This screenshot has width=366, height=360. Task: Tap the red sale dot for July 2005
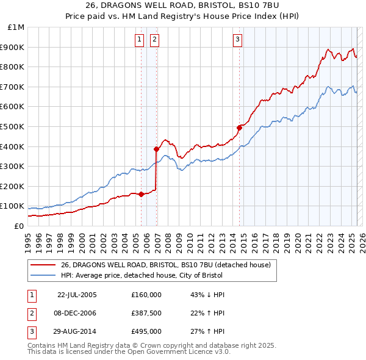tap(142, 194)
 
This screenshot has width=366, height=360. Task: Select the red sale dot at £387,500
tap(157, 148)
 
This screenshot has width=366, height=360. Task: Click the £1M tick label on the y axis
tap(16, 27)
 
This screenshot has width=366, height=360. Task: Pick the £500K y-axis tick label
tap(13, 126)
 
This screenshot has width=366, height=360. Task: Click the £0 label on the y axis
tap(18, 226)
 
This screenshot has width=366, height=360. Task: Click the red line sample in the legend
tap(43, 264)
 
